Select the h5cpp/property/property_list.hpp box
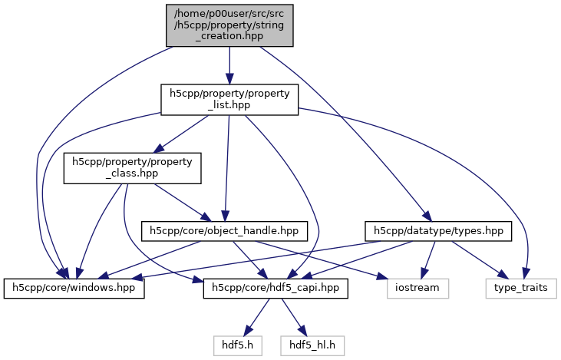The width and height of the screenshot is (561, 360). pos(229,101)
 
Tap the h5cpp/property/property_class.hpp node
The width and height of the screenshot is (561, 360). pos(132,168)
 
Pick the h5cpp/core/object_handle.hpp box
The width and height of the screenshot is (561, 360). pos(224,230)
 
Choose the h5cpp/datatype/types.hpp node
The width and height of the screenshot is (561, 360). pos(438,230)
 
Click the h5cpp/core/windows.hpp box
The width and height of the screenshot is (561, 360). pos(74,289)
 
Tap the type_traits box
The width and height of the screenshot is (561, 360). pos(520,289)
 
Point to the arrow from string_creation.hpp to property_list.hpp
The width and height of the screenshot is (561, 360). pos(229,64)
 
